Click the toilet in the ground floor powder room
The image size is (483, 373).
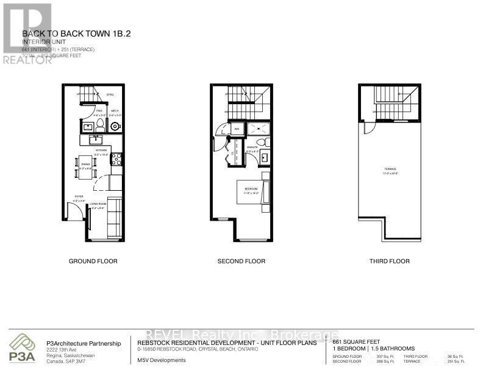99,126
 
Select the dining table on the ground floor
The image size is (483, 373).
85,166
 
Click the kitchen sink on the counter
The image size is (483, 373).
98,140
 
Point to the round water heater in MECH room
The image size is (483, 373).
115,126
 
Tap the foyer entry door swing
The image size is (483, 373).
74,211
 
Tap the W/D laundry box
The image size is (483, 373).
235,129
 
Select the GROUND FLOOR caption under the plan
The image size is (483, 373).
93,261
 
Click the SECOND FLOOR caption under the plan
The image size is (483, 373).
241,261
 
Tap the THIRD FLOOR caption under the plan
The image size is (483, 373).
390,261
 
